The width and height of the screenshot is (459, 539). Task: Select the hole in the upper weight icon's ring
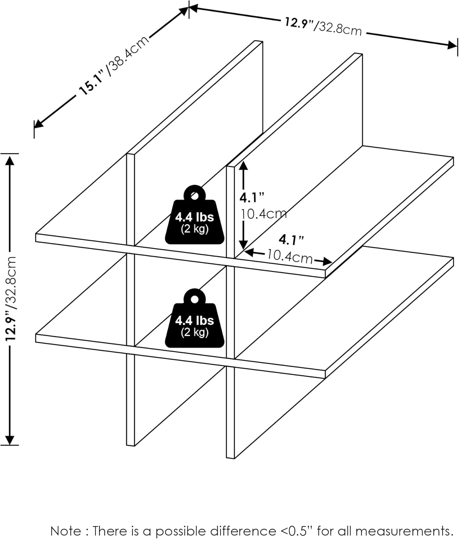point(195,195)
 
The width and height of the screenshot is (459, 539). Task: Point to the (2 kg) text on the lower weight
point(195,332)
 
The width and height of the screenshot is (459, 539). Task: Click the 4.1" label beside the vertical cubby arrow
point(252,197)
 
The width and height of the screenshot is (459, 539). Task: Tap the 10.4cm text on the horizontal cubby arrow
point(290,257)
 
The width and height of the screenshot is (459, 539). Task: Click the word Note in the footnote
point(66,531)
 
